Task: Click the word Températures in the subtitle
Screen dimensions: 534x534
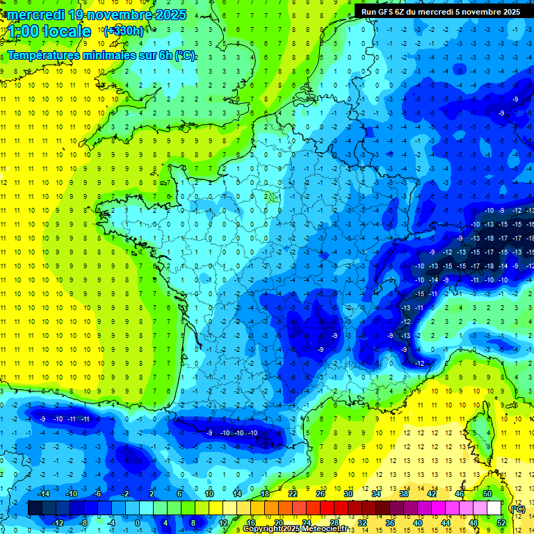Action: (x=41, y=55)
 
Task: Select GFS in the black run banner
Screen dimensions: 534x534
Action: (x=387, y=11)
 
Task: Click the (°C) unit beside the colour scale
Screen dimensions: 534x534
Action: (x=517, y=509)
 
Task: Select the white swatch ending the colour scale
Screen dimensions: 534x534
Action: (x=494, y=508)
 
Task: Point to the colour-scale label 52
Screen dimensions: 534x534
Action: (x=501, y=523)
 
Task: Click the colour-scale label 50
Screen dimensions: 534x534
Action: (x=487, y=493)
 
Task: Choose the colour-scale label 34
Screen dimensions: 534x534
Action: (x=376, y=493)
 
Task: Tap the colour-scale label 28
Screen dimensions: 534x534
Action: (x=334, y=523)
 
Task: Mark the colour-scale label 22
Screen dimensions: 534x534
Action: (x=293, y=493)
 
